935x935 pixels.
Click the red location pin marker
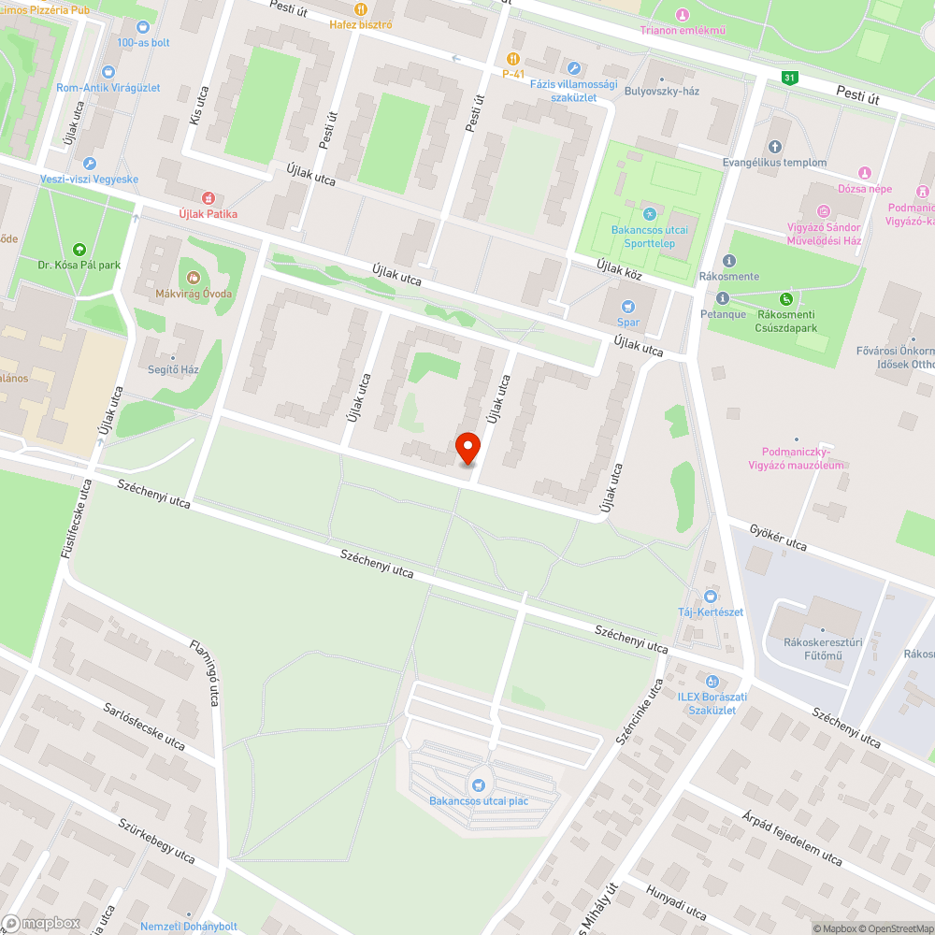[x=467, y=447]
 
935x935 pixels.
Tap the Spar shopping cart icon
[x=628, y=305]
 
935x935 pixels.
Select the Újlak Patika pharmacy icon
[x=208, y=198]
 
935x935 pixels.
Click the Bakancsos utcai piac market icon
[x=480, y=785]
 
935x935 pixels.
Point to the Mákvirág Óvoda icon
[x=194, y=277]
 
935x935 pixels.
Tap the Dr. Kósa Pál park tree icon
[x=79, y=249]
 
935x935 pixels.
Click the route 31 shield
[x=790, y=79]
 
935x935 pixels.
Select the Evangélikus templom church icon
[x=774, y=146]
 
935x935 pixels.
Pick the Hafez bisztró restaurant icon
[x=360, y=8]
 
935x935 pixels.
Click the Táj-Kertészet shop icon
[x=710, y=596]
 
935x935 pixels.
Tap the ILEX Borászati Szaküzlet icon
[x=712, y=682]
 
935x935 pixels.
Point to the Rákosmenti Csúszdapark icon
[x=787, y=299]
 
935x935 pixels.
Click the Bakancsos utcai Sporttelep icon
[x=649, y=213]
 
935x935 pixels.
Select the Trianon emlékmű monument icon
[x=683, y=14]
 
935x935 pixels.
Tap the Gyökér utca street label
[x=778, y=538]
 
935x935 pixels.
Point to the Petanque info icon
[x=721, y=298]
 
